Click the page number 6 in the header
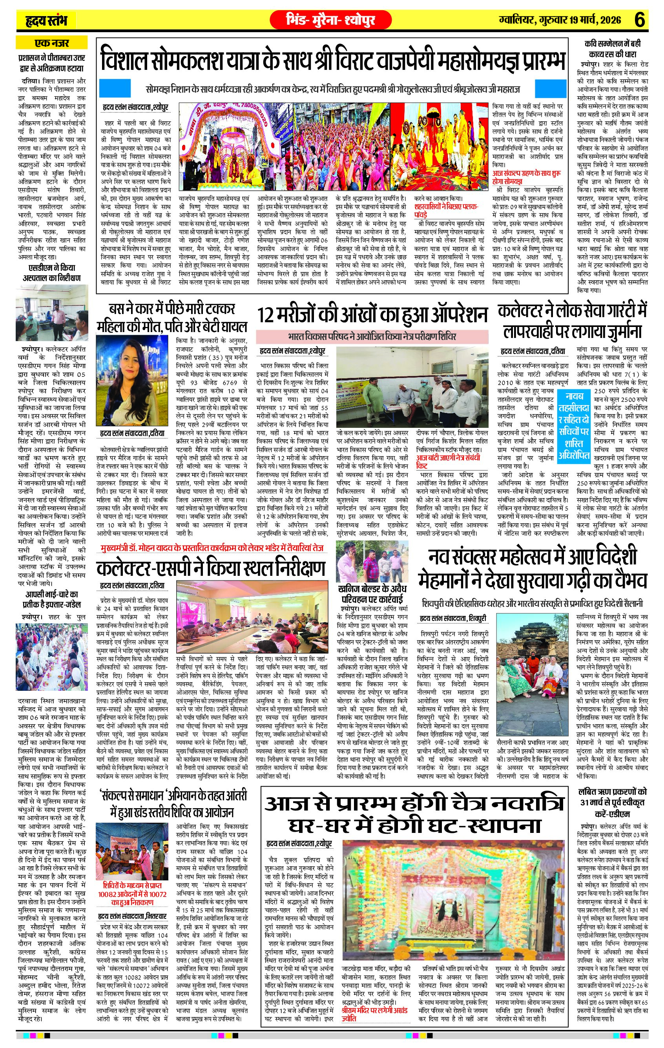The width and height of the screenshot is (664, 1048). point(640,20)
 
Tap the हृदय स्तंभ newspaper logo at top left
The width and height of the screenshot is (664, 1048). point(46,20)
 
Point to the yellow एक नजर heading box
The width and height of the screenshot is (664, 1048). point(52,43)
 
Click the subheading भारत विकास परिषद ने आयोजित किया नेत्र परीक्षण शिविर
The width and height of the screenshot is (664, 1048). point(372,336)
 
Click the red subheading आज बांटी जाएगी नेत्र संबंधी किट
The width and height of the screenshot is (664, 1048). point(448,461)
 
